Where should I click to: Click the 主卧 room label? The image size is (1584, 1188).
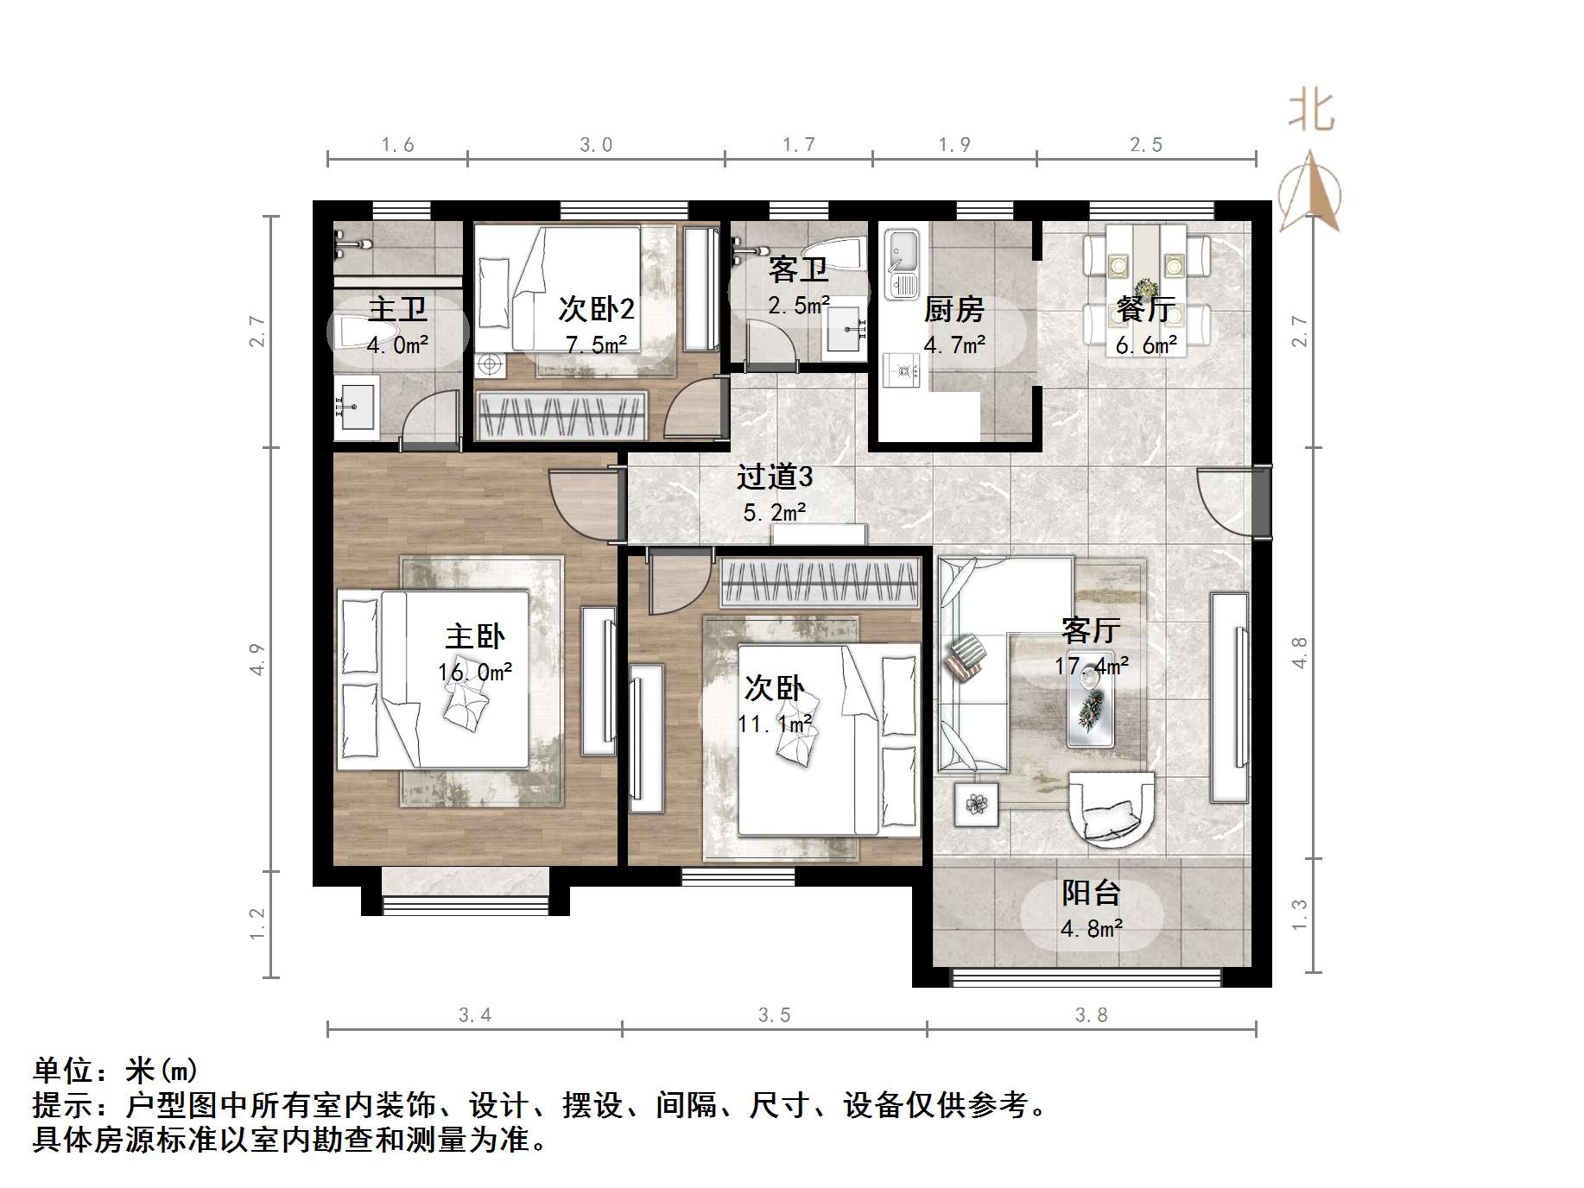474,637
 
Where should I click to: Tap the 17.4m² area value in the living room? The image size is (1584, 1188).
1091,667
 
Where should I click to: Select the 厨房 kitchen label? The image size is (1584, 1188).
954,309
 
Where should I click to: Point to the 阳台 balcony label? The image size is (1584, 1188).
1091,893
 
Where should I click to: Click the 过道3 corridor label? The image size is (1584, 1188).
774,477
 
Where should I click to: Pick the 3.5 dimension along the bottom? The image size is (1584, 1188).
774,1015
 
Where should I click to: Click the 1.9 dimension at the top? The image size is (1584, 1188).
954,145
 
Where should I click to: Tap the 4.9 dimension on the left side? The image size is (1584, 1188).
257,660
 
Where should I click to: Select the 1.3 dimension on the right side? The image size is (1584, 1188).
1299,915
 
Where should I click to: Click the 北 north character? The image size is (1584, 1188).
1311,112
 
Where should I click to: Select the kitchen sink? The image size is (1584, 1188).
902,263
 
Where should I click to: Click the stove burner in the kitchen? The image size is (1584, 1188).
903,372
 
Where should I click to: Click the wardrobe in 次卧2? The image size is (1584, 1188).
561,415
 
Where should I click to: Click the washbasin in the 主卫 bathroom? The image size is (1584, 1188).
355,405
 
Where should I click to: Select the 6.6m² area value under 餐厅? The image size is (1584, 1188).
1145,346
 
